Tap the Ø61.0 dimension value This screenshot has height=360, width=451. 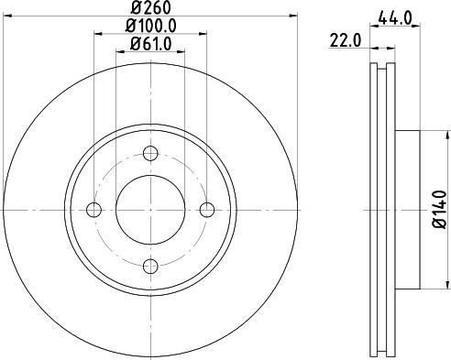click(151, 45)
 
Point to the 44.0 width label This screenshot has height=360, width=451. click(393, 16)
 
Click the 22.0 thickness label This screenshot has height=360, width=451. click(344, 39)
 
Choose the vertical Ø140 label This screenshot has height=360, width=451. click(437, 209)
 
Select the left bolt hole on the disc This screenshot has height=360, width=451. click(93, 210)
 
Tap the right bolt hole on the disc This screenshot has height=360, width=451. click(207, 210)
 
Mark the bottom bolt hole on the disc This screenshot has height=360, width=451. click(150, 267)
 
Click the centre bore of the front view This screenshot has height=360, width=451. click(150, 210)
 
